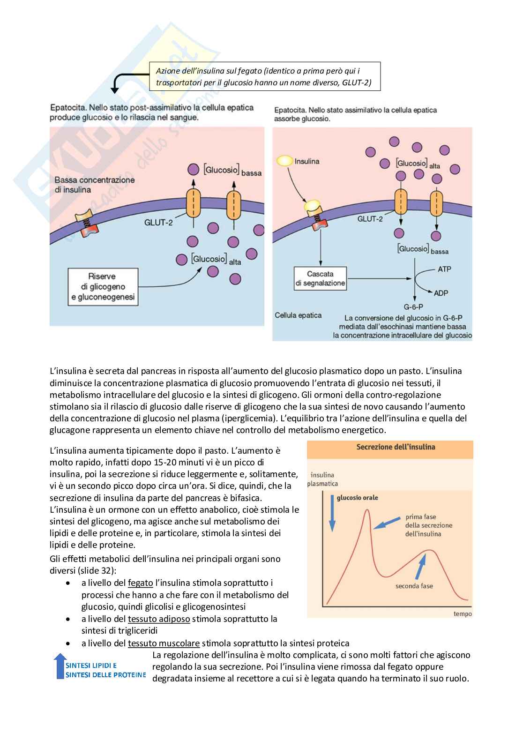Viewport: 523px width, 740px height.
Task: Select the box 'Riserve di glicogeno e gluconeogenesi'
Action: pos(103,286)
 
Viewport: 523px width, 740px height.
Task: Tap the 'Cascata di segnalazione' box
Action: pos(321,278)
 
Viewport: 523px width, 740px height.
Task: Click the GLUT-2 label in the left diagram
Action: pos(158,222)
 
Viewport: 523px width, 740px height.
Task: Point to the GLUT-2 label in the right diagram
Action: pos(370,218)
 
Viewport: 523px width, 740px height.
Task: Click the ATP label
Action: pos(444,269)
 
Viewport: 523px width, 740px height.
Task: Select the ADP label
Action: pos(441,293)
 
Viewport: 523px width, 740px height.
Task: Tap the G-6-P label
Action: pos(413,307)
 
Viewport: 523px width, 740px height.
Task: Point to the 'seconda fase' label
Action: pos(414,586)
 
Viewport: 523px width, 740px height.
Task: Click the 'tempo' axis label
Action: pos(463,613)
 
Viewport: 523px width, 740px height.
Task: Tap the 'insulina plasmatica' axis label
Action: pos(322,479)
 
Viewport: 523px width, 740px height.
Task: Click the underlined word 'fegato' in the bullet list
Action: pos(140,583)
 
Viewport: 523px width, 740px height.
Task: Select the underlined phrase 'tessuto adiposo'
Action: pos(159,619)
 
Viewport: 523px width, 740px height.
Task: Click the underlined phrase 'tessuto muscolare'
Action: pos(164,643)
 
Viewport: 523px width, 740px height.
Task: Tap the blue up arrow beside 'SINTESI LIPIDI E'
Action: pos(60,666)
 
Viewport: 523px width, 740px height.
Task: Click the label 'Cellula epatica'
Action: pos(298,315)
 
